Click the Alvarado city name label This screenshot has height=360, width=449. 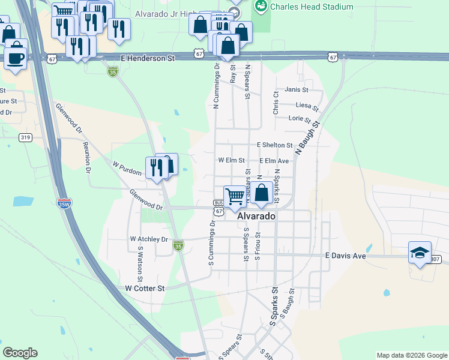click(x=256, y=216)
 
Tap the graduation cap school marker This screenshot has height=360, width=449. click(x=420, y=253)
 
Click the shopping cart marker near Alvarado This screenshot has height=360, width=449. click(x=235, y=196)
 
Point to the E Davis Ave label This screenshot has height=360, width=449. click(x=345, y=256)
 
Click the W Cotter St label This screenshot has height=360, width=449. click(x=145, y=289)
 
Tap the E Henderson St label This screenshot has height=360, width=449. click(x=147, y=59)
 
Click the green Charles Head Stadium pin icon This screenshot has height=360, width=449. click(x=261, y=7)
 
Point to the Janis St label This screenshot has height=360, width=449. click(x=297, y=90)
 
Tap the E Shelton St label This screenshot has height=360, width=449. click(x=274, y=145)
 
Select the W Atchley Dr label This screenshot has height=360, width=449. click(x=149, y=239)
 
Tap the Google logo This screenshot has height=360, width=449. click(x=20, y=353)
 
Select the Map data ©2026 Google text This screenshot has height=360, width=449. click(x=411, y=355)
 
